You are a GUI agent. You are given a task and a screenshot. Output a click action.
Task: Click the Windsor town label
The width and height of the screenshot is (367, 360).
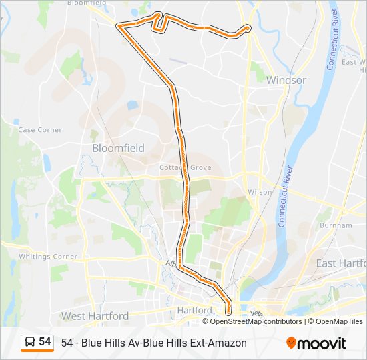(286, 80)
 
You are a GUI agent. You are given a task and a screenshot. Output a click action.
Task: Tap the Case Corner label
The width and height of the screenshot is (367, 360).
(40, 130)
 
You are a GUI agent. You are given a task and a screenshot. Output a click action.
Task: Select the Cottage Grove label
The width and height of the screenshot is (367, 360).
(186, 167)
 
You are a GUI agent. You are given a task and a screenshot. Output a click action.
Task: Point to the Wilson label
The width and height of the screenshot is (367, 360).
(260, 192)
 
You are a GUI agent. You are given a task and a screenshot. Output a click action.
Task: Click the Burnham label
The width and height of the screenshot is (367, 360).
(336, 225)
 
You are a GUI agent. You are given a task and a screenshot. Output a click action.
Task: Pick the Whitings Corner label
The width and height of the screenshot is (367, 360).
(48, 257)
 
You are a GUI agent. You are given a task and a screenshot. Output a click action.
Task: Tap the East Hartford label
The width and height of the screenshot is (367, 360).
(340, 263)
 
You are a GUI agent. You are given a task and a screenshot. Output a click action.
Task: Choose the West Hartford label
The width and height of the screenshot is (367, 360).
(95, 315)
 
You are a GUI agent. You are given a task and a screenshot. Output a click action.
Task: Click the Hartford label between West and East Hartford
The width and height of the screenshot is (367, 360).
(194, 311)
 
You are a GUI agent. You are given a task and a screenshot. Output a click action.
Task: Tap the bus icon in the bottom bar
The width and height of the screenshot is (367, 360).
(30, 342)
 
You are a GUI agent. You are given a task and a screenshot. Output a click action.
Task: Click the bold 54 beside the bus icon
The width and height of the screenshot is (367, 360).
(45, 342)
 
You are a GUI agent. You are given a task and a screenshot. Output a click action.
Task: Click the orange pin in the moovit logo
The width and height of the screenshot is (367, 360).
(291, 343)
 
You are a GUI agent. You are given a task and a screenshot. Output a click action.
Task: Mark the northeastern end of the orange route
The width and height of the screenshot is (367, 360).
(248, 28)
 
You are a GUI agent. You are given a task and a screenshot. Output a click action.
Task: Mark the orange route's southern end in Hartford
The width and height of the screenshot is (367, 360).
(228, 311)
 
